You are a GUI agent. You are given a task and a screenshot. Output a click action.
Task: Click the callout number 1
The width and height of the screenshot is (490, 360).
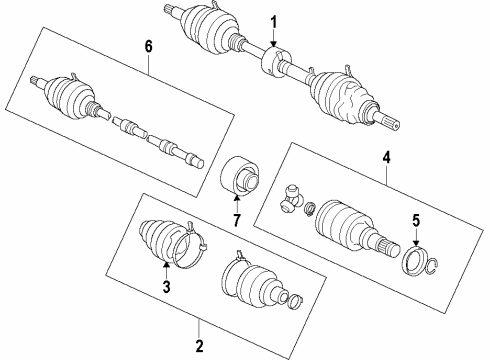click(273, 21)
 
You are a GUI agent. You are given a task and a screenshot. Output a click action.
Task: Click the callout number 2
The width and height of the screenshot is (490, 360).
click(198, 347)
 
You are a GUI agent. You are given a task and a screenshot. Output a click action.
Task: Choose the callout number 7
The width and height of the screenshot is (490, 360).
click(236, 219)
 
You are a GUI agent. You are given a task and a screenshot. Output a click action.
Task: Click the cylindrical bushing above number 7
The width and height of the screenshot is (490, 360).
click(240, 179)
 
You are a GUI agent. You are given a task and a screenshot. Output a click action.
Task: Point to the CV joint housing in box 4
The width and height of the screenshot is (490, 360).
click(345, 231)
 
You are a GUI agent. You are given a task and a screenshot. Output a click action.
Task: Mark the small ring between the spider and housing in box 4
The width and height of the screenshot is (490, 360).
click(310, 209)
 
